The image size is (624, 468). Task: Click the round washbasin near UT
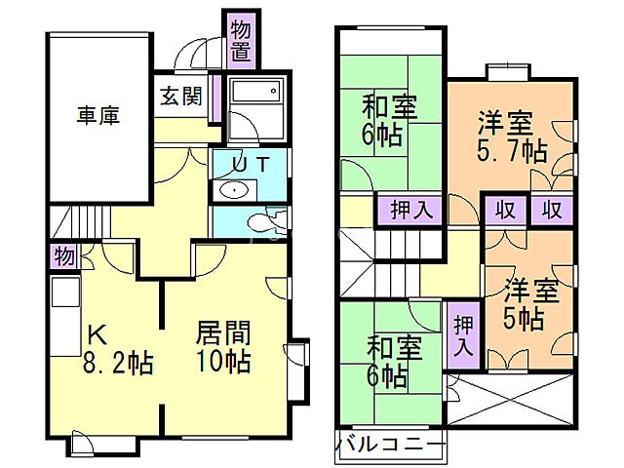pyautogui.click(x=235, y=190)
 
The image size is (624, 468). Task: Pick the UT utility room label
pyautogui.click(x=251, y=165)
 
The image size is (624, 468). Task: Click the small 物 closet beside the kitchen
pyautogui.click(x=63, y=257)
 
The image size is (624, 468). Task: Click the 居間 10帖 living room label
pyautogui.click(x=223, y=346)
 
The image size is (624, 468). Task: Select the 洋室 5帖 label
pyautogui.click(x=529, y=303)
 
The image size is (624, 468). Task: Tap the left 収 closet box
pyautogui.click(x=505, y=209)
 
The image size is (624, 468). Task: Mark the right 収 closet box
pyautogui.click(x=552, y=209)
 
